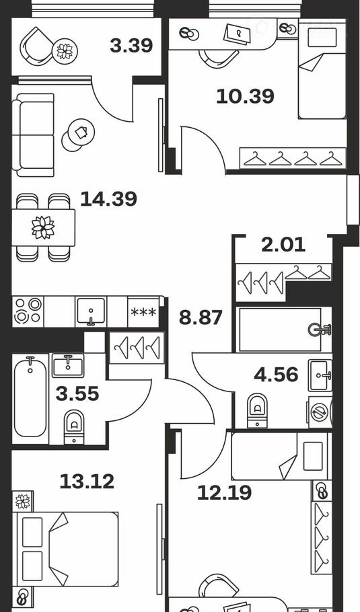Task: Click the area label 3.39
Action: [131, 46]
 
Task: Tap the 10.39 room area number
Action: [245, 96]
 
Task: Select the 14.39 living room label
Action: [108, 198]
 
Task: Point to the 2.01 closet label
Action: [283, 245]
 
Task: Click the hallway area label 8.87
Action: [201, 317]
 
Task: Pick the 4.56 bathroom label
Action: [276, 375]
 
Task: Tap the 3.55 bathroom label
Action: [77, 394]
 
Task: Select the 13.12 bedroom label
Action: [87, 482]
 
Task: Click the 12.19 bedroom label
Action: [225, 493]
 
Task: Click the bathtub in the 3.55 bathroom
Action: [30, 398]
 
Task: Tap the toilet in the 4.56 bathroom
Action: [257, 410]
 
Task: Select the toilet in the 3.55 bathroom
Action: [74, 427]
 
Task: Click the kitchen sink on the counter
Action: [91, 311]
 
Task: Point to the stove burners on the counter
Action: [28, 311]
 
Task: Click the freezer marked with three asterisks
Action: [143, 312]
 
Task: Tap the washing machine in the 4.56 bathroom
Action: [320, 413]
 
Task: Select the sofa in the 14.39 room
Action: [33, 135]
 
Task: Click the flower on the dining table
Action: [43, 227]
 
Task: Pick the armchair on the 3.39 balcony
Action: [38, 48]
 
